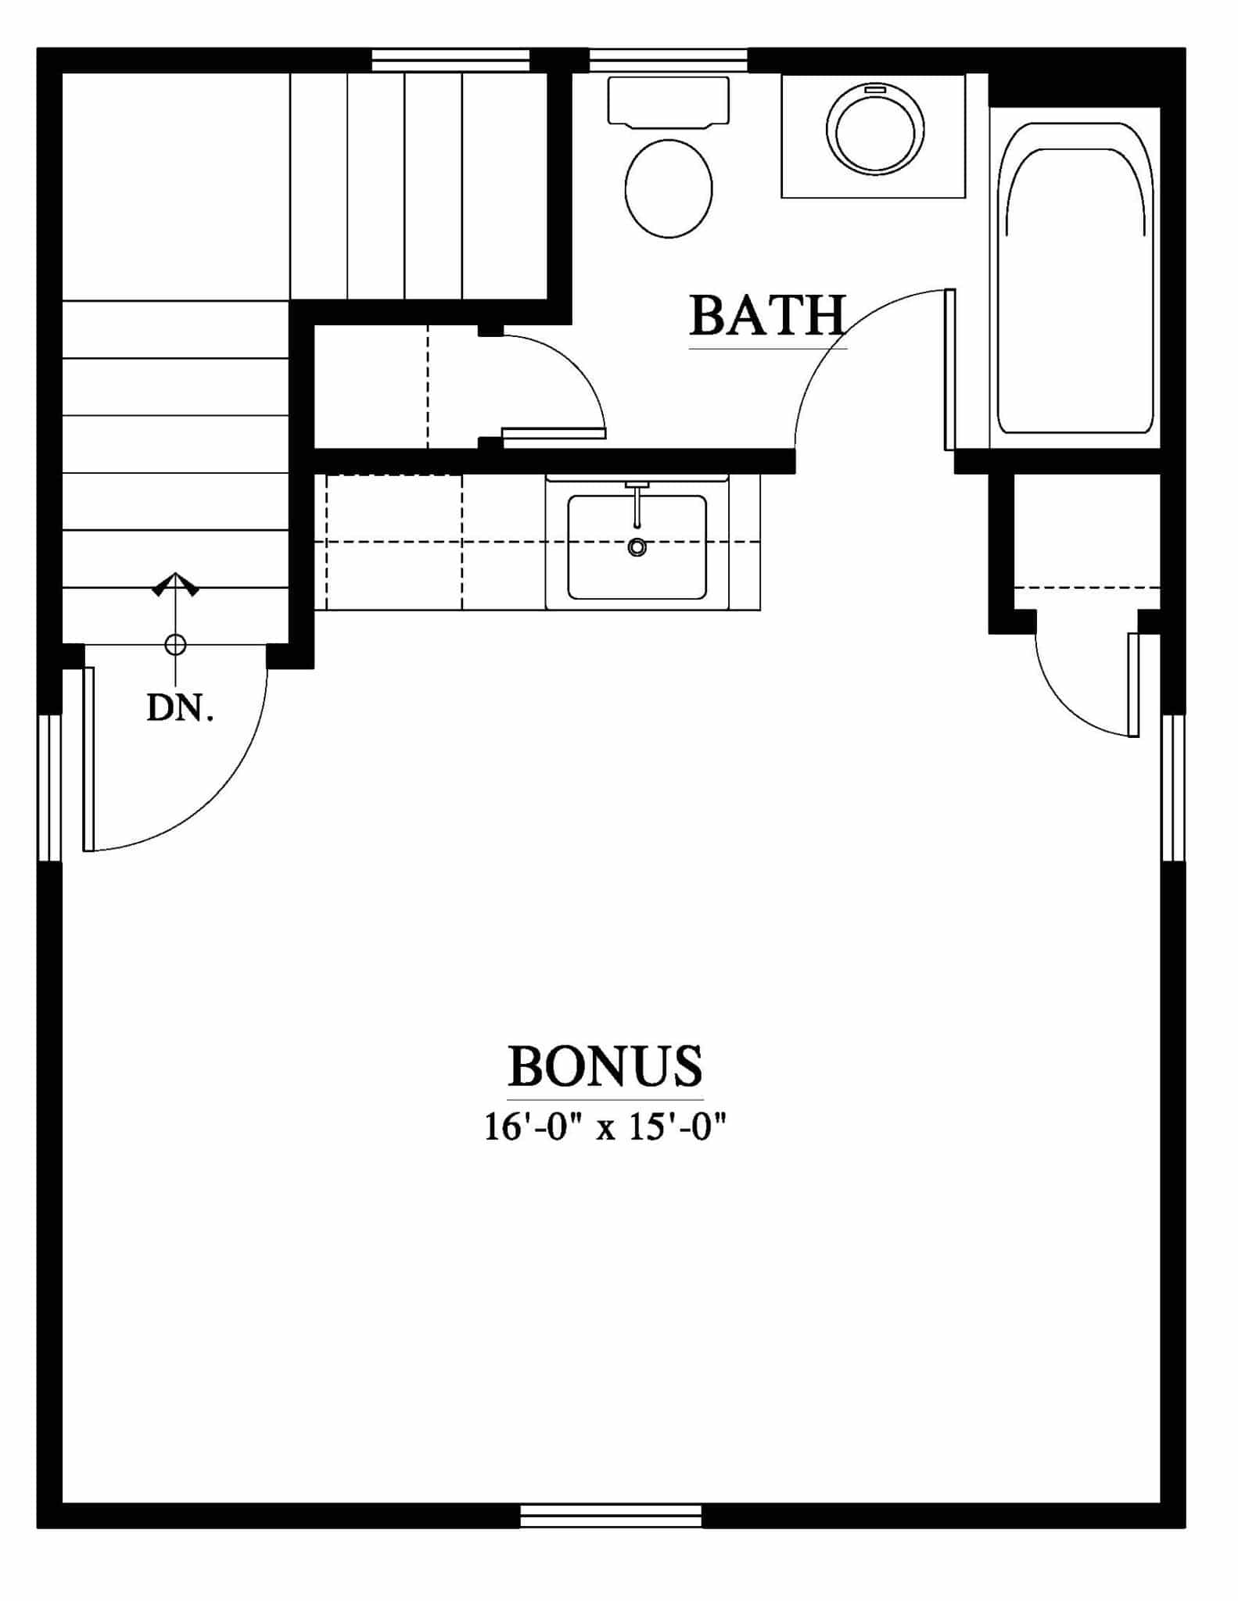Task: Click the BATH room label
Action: [768, 315]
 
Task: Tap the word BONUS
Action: [605, 1066]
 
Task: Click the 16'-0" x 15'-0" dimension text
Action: [605, 1128]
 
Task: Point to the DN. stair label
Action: [180, 708]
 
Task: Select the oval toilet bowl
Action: [669, 188]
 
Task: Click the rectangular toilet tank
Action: [669, 101]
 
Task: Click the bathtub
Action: [1075, 278]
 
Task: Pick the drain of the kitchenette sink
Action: [637, 547]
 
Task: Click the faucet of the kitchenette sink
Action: [637, 504]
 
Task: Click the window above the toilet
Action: [668, 60]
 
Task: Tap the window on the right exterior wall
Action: [1173, 787]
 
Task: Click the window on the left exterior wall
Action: [49, 788]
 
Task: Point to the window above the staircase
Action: [450, 60]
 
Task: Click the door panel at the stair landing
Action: [88, 758]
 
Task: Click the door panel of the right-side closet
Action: [1133, 685]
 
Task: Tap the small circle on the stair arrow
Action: [175, 645]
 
